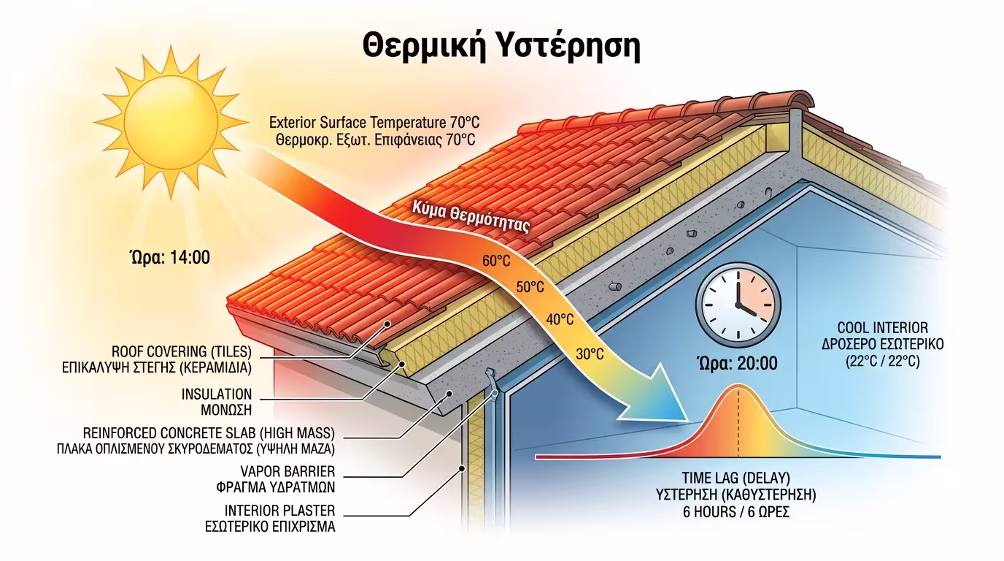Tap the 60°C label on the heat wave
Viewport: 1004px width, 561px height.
point(496,259)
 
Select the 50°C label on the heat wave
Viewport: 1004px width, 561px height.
point(530,286)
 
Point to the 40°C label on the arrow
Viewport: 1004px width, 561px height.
point(560,319)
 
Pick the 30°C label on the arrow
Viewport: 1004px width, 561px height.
point(590,354)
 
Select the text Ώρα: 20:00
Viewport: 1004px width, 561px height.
point(737,363)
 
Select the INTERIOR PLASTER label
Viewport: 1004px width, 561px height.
point(280,511)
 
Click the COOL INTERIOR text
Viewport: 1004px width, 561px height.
point(882,328)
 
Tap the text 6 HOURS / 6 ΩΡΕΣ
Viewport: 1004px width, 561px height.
point(736,512)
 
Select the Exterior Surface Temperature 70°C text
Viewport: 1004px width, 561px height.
point(374,121)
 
